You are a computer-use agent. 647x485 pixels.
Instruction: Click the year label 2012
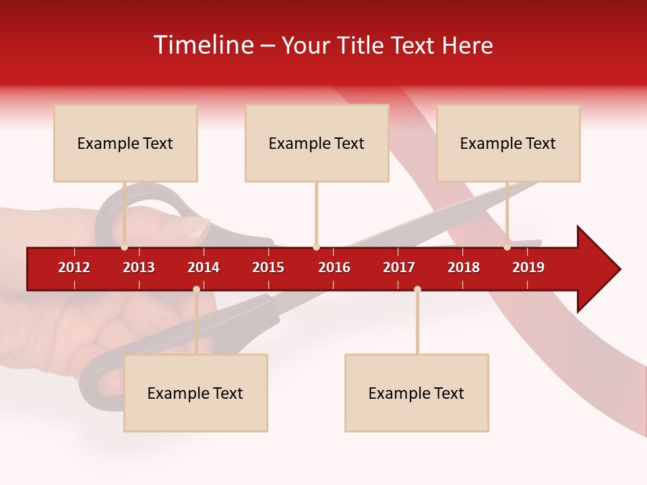(74, 267)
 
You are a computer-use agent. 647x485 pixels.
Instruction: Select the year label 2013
(139, 267)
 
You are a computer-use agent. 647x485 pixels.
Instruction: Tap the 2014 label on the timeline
(204, 267)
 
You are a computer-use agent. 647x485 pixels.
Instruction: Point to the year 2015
(268, 267)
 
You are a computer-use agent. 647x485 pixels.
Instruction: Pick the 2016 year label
(334, 267)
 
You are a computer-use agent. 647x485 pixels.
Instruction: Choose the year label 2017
(399, 267)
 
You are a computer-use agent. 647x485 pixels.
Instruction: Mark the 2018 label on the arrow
(464, 267)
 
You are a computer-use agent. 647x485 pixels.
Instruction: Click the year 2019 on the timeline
(528, 267)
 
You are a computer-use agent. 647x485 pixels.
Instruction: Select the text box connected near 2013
(125, 143)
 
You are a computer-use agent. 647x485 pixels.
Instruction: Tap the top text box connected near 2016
(317, 143)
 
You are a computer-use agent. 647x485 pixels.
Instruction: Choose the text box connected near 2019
(508, 143)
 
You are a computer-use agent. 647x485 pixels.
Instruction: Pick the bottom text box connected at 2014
(195, 393)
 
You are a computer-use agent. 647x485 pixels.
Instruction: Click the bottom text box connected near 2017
(417, 393)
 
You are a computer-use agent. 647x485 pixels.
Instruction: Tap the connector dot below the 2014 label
(196, 290)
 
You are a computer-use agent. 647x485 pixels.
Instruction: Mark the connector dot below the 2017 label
(417, 290)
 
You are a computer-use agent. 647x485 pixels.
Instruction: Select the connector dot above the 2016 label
(316, 247)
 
